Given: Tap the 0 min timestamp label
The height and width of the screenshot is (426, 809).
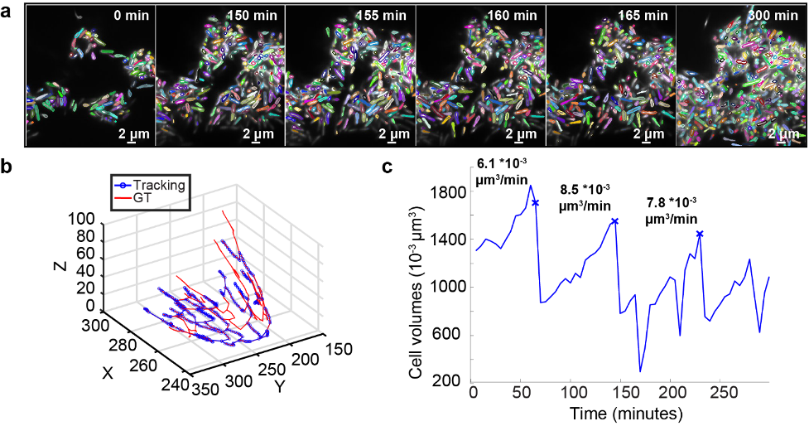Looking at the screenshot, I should [132, 15].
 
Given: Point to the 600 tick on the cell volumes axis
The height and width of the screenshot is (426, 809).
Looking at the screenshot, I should [452, 335].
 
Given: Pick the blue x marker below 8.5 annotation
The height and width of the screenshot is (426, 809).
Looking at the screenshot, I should [614, 221].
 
